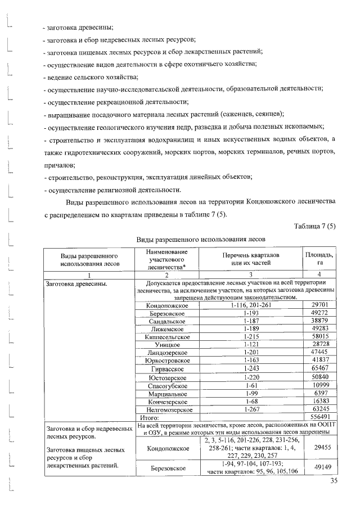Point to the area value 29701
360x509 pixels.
click(319, 304)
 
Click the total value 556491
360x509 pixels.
click(319, 418)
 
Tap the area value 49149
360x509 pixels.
click(319, 467)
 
